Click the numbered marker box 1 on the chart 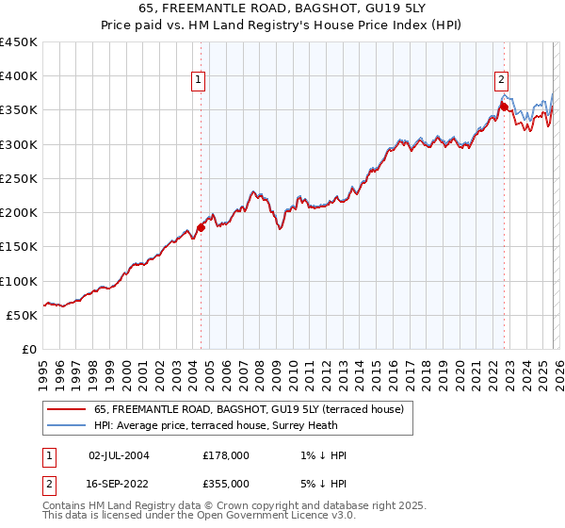pos(200,81)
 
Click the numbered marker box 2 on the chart pos(502,81)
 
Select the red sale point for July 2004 pos(201,226)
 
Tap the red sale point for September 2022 pos(504,107)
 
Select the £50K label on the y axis pos(23,315)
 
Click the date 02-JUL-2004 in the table pos(118,455)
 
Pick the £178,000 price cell pos(225,455)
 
